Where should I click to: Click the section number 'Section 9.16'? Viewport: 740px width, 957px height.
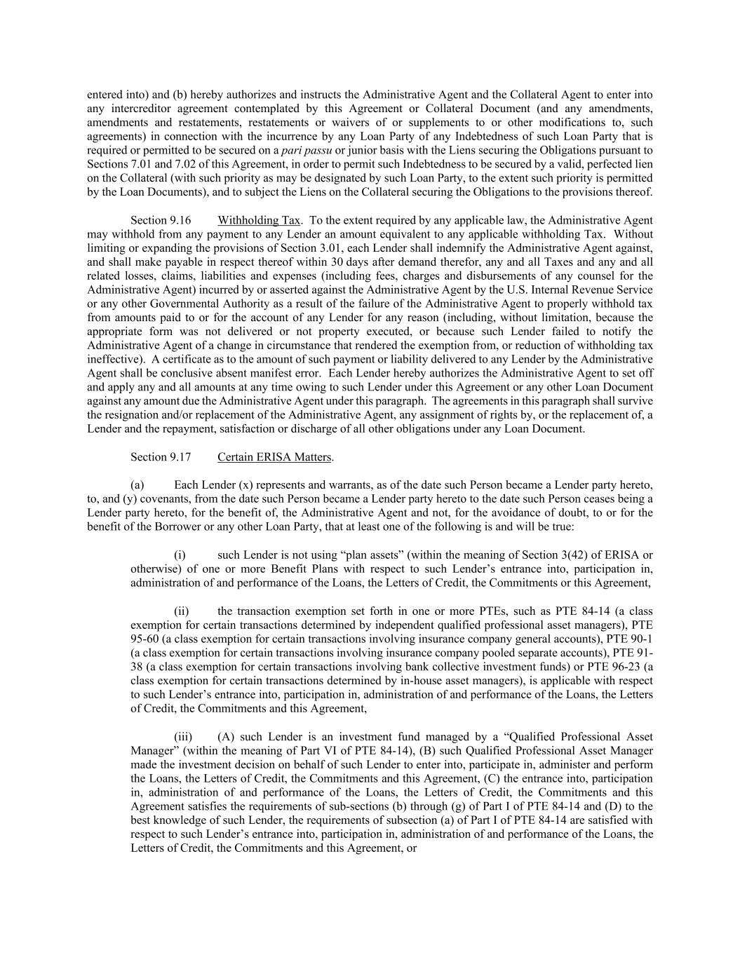(x=161, y=220)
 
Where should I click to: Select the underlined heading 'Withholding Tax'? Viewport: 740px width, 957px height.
(x=259, y=220)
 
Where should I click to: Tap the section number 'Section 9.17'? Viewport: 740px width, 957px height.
(x=161, y=457)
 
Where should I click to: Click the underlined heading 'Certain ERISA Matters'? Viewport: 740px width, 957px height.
(x=274, y=457)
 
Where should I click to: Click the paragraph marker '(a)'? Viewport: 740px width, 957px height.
(x=137, y=485)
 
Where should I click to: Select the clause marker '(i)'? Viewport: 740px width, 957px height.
(x=180, y=555)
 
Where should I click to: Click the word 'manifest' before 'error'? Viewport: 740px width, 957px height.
(x=274, y=373)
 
